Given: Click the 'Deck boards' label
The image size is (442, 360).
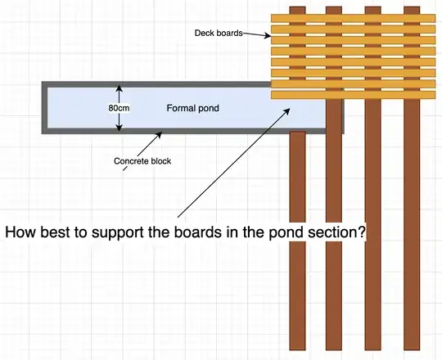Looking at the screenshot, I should (219, 34).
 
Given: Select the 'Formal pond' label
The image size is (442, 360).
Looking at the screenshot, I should (192, 108).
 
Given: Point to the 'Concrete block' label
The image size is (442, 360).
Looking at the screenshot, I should (142, 161).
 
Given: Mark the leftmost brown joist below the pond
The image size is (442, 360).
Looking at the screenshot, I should (297, 245).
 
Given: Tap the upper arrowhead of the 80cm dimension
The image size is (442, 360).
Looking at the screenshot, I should (120, 88).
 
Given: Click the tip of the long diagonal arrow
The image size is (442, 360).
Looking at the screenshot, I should (291, 105).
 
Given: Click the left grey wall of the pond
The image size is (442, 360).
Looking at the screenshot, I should (43, 108).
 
